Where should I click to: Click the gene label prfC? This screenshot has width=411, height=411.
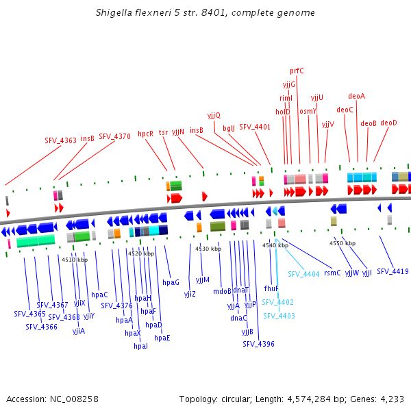[297, 70]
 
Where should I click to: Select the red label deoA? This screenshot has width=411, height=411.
[356, 96]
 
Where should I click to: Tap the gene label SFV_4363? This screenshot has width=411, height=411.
[61, 140]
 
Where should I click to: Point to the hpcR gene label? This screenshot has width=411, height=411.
[145, 134]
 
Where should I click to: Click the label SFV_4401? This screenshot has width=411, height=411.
[255, 127]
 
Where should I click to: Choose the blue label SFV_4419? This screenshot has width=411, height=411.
[392, 272]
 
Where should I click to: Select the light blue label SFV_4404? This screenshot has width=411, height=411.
[303, 274]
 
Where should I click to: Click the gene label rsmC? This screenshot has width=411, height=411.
[332, 273]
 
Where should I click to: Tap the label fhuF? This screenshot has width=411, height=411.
[271, 289]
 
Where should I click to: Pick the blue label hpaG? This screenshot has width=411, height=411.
[171, 282]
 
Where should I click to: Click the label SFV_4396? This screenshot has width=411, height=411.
[258, 344]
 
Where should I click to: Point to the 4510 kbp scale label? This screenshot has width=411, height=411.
[75, 260]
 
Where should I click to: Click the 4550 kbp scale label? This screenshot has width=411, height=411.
[342, 243]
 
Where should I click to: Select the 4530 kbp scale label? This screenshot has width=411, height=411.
[208, 249]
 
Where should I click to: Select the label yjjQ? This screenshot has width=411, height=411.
[214, 115]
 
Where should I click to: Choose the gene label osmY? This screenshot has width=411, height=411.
[308, 111]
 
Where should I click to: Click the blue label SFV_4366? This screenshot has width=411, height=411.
[41, 327]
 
